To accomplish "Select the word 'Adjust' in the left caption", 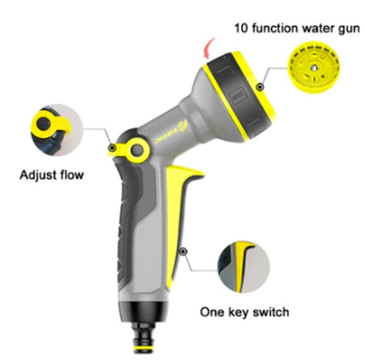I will [x=37, y=175].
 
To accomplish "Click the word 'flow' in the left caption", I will [x=71, y=175].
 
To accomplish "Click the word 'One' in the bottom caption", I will [x=212, y=312].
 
